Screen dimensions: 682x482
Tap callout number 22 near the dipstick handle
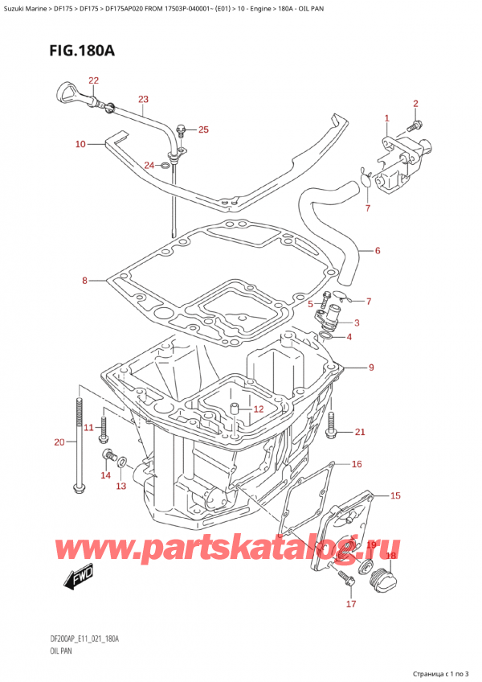tap(94, 80)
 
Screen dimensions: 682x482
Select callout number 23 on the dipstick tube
tap(143, 100)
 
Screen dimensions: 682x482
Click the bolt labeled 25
tap(182, 129)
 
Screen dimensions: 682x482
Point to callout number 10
tap(80, 145)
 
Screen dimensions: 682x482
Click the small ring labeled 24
tap(165, 166)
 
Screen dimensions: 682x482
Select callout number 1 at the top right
tap(386, 118)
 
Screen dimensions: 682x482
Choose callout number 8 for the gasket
tap(84, 281)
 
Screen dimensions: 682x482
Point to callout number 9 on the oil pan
tap(371, 368)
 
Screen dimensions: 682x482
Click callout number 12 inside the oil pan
tap(258, 409)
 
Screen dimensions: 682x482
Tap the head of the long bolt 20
tap(77, 487)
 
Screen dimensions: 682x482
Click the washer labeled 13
tap(121, 462)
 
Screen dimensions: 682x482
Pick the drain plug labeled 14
tap(106, 458)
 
